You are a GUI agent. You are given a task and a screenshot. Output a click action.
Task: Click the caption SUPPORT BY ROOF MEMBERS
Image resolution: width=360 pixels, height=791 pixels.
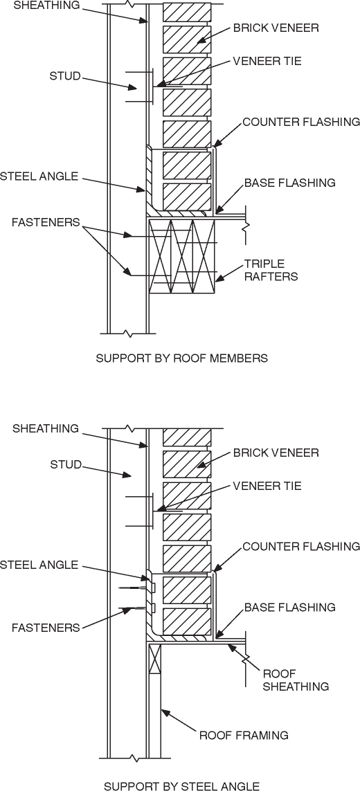pyautogui.click(x=181, y=358)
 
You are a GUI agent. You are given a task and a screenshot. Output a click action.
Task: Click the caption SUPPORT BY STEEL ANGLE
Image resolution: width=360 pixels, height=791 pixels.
pyautogui.click(x=181, y=785)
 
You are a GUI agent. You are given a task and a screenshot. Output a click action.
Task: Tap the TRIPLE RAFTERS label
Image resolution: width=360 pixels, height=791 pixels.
pyautogui.click(x=269, y=271)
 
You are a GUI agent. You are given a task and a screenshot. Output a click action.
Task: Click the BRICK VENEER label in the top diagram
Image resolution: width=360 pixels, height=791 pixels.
pyautogui.click(x=276, y=28)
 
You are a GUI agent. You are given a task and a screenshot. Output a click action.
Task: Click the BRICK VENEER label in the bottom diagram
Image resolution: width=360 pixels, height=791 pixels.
pyautogui.click(x=276, y=453)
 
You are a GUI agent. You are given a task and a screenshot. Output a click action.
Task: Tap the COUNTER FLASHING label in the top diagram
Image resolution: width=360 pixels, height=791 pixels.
pyautogui.click(x=301, y=122)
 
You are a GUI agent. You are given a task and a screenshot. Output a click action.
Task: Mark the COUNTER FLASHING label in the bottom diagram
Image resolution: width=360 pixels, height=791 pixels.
pyautogui.click(x=301, y=547)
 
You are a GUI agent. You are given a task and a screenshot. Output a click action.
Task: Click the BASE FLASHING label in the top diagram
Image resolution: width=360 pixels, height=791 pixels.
pyautogui.click(x=289, y=183)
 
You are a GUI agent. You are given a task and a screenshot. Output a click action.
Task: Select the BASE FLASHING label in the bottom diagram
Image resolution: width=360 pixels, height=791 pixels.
pyautogui.click(x=289, y=607)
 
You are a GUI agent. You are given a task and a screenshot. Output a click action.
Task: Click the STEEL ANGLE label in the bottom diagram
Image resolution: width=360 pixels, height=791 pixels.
pyautogui.click(x=39, y=565)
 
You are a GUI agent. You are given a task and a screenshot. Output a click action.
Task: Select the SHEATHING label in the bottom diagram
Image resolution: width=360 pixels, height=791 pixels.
pyautogui.click(x=46, y=428)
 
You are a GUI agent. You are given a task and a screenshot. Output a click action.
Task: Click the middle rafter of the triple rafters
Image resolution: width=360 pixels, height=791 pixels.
pyautogui.click(x=183, y=257)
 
